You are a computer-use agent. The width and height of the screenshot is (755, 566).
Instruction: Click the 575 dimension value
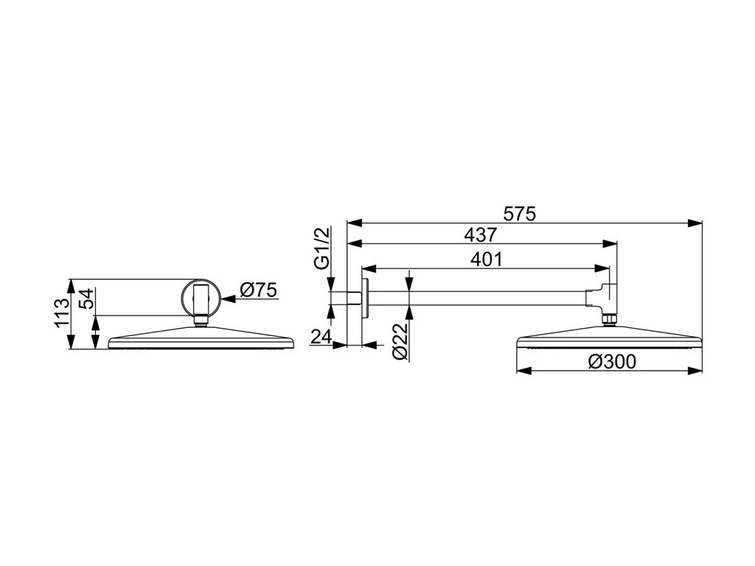click(x=519, y=213)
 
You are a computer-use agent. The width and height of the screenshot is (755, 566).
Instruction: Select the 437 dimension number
click(x=480, y=235)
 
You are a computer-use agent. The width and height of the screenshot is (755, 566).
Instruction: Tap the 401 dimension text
click(x=487, y=259)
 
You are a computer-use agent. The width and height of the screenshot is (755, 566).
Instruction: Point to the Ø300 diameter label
click(x=611, y=361)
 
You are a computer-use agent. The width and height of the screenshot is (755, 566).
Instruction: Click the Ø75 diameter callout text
click(x=258, y=290)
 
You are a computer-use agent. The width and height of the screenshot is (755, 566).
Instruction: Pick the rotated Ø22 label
click(x=400, y=341)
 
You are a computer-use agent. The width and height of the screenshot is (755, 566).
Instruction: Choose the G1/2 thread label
click(x=321, y=248)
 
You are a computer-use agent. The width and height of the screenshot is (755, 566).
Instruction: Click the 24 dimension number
click(x=321, y=337)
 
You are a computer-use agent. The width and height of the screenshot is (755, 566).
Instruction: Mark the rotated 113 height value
click(x=62, y=313)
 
